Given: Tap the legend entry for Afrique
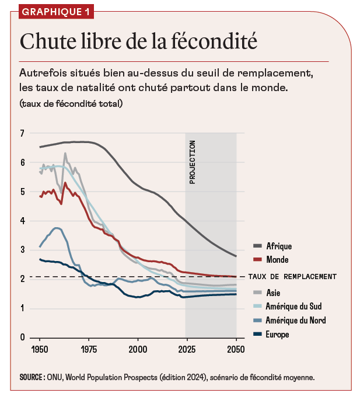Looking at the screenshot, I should pyautogui.click(x=278, y=246).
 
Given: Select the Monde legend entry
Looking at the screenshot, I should pyautogui.click(x=277, y=259).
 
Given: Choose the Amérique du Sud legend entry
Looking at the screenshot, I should pyautogui.click(x=293, y=306).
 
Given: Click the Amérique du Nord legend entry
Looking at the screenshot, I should pyautogui.click(x=294, y=321).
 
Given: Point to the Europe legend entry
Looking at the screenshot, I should pyautogui.click(x=277, y=335).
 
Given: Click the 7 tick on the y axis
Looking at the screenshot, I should pyautogui.click(x=22, y=133).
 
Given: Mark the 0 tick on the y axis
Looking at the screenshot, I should pyautogui.click(x=22, y=338).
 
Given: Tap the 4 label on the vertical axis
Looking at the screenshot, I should pyautogui.click(x=22, y=221).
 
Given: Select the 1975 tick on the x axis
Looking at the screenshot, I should pyautogui.click(x=89, y=349).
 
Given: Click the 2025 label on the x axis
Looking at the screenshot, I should pyautogui.click(x=187, y=349).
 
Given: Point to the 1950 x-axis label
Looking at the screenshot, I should pyautogui.click(x=40, y=349).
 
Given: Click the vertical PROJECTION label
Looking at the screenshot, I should pyautogui.click(x=193, y=162).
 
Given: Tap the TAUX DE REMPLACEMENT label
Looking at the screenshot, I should pyautogui.click(x=292, y=276).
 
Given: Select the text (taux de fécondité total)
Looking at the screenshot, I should pyautogui.click(x=70, y=103).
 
